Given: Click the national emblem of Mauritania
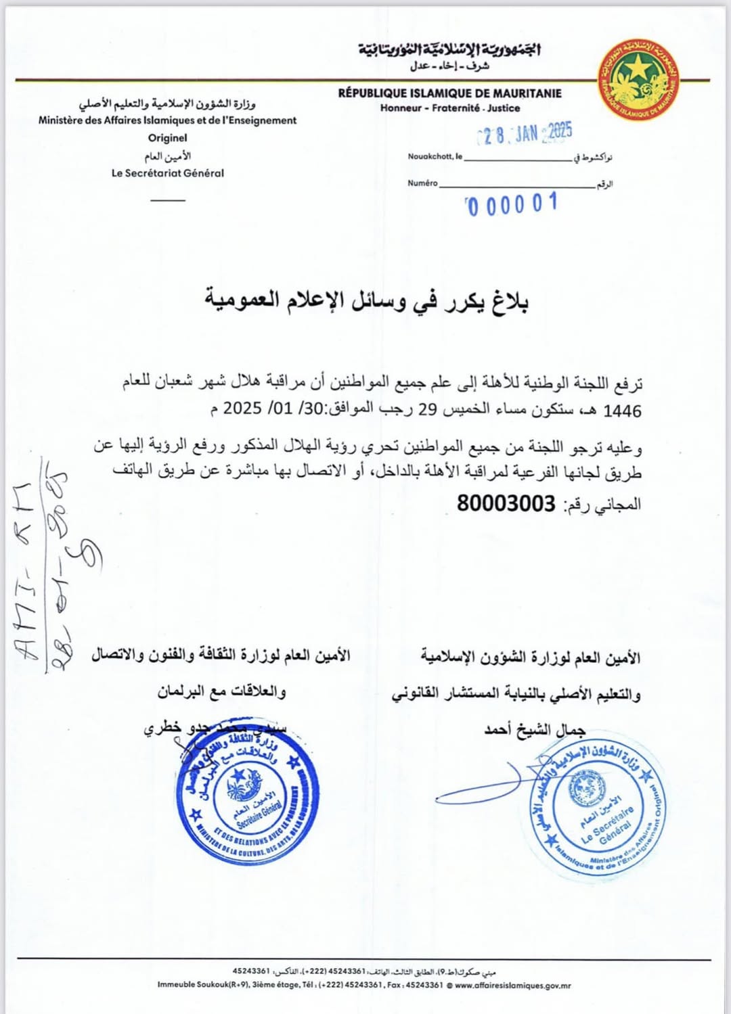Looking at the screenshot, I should (638, 80).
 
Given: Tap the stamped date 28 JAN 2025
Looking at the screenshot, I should (525, 133).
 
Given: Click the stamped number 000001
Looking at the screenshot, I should (512, 204).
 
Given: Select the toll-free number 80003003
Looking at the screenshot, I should (506, 504).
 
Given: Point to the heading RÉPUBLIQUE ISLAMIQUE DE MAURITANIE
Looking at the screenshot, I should (449, 93).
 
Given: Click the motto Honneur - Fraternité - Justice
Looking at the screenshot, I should (449, 108).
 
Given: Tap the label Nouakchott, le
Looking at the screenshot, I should (435, 156).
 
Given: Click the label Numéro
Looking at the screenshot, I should (422, 183).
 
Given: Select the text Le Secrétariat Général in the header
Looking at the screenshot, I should (167, 173).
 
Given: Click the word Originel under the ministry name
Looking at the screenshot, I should (167, 138).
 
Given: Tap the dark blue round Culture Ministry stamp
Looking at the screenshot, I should (248, 799).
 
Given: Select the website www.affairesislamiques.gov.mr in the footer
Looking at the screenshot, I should (512, 986).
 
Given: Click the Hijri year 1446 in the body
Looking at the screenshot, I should (622, 411).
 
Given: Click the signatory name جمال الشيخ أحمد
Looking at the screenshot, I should (534, 729).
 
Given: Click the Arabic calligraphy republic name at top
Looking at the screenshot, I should (449, 49).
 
